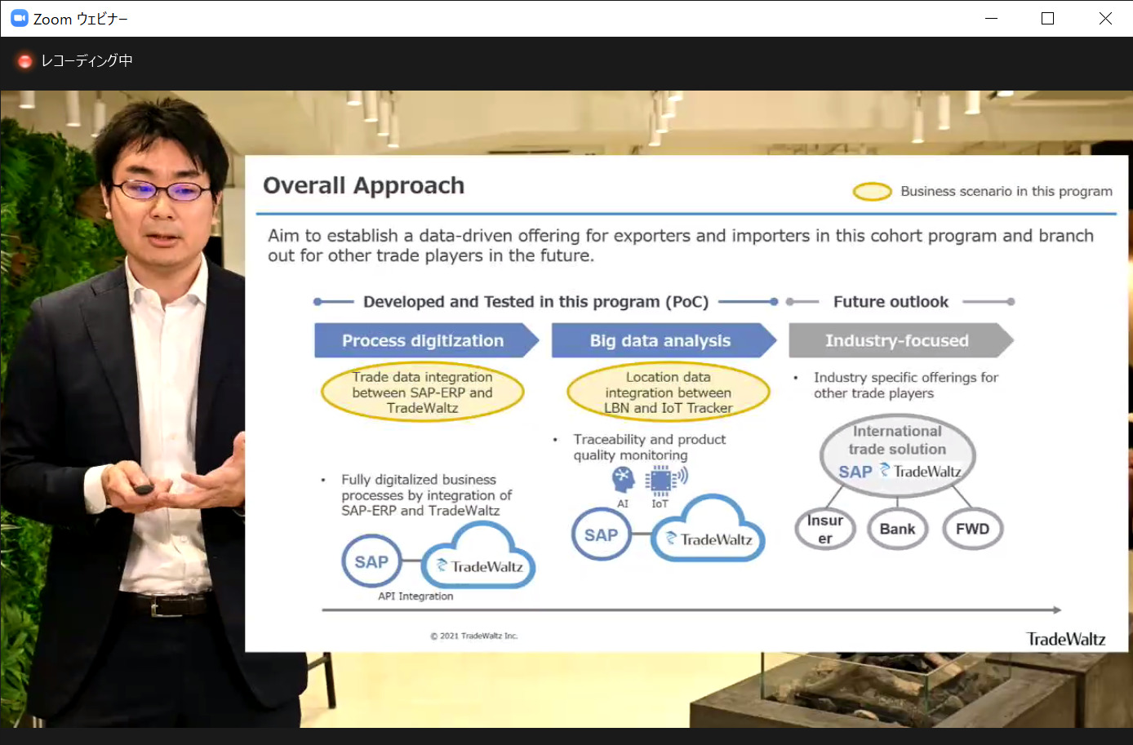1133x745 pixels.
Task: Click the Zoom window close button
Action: click(x=1105, y=19)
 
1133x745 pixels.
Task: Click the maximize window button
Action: click(x=1047, y=19)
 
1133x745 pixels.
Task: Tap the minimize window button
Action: click(x=991, y=19)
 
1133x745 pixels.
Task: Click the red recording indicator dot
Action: click(x=24, y=61)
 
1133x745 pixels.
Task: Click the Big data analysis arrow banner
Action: click(x=664, y=340)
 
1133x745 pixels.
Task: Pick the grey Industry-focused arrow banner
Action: click(x=901, y=340)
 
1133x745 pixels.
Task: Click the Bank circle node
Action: click(x=897, y=529)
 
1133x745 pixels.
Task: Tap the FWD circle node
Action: click(x=972, y=529)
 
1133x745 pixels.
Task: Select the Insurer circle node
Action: click(x=825, y=529)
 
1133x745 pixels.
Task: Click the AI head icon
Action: click(x=623, y=480)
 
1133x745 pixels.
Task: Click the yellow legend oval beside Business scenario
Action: click(x=872, y=192)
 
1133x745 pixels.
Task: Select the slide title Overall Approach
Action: click(x=363, y=185)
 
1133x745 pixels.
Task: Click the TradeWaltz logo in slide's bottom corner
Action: click(x=1066, y=639)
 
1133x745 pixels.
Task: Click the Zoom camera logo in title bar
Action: click(x=20, y=19)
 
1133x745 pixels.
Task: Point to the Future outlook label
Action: click(x=891, y=302)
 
